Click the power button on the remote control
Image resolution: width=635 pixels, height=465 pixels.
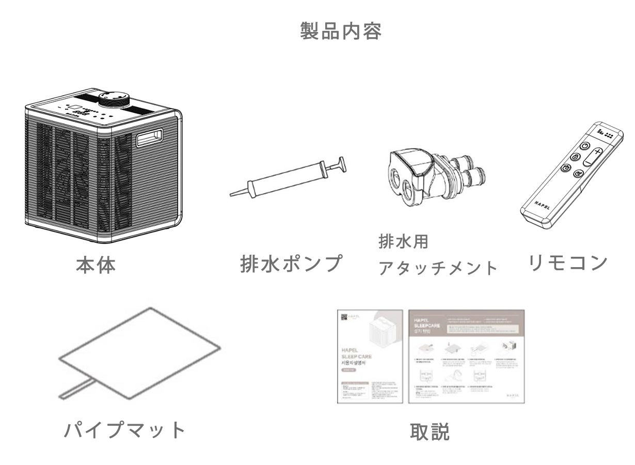click(584, 146)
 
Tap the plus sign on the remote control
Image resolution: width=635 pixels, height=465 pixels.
click(597, 153)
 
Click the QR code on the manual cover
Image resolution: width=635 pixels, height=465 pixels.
click(343, 317)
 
